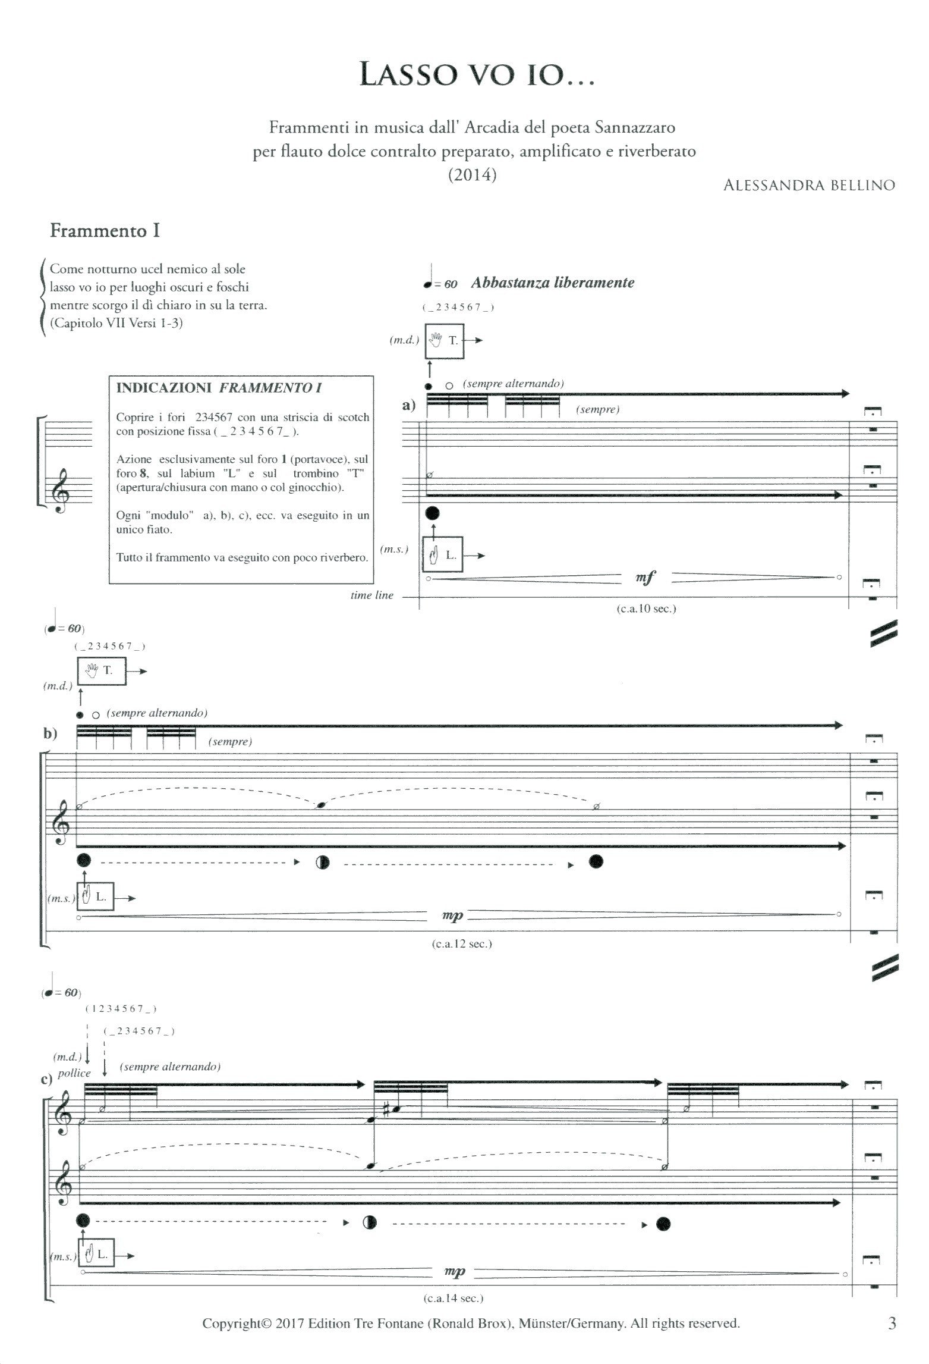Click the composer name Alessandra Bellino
coord(808,185)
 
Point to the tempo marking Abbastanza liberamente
coord(552,283)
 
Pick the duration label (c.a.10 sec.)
coord(646,609)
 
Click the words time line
coord(372,595)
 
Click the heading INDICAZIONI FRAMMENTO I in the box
coord(219,388)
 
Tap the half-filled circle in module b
coord(323,863)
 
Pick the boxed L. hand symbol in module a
coord(443,556)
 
